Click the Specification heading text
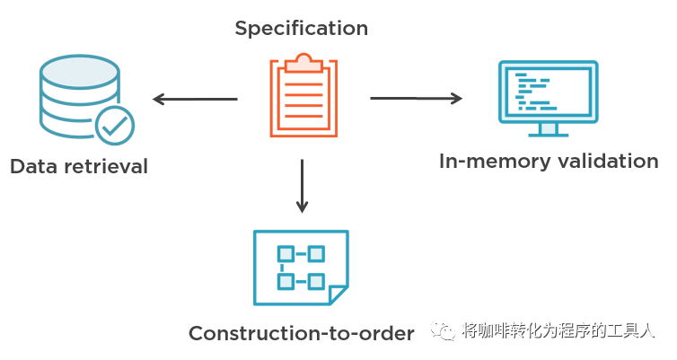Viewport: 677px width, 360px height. point(301,29)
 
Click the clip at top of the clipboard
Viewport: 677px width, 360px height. point(303,62)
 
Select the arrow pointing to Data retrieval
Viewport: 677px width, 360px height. point(194,99)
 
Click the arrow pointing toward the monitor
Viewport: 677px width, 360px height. point(416,98)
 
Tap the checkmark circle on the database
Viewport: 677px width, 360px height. point(114,127)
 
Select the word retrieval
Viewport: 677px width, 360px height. point(106,167)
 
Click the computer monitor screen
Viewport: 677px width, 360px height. point(548,91)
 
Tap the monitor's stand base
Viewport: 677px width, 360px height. point(548,132)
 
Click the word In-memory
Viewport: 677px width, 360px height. point(493,162)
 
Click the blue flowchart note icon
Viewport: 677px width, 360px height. point(300,267)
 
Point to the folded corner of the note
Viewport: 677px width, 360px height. point(338,295)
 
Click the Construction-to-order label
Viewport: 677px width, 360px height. point(301,334)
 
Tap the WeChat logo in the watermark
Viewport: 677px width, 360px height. point(445,332)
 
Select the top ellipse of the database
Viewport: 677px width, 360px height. point(77,69)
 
